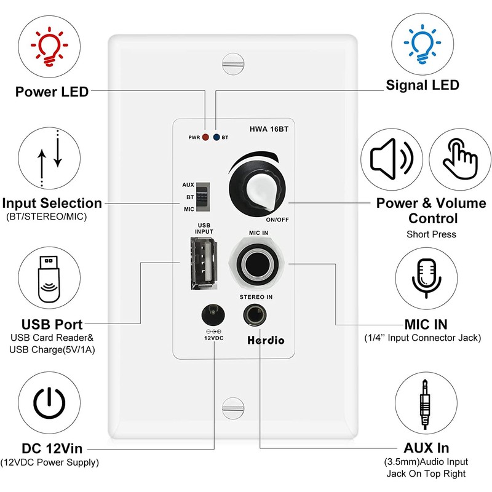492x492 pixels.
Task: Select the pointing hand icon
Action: click(x=456, y=159)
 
